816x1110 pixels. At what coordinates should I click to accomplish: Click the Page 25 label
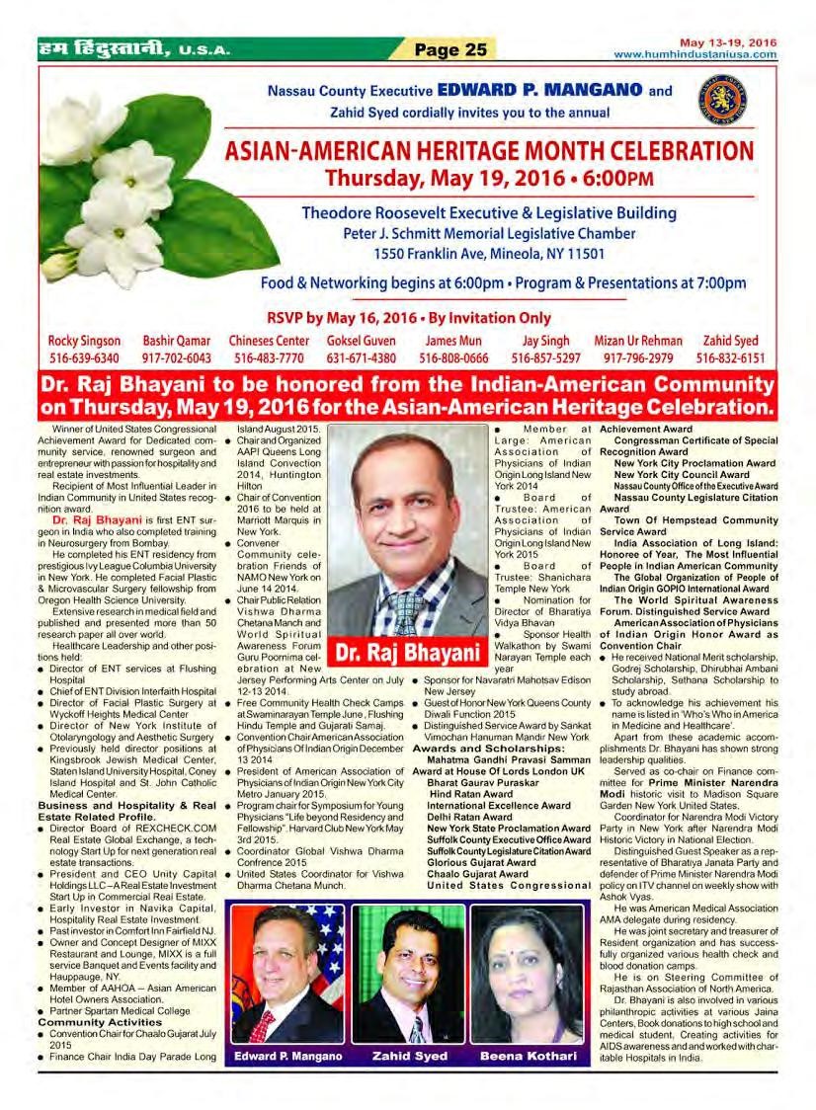click(x=449, y=48)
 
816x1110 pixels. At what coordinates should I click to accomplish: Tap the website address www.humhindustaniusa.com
click(x=694, y=54)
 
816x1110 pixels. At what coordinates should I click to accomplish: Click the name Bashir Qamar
click(x=177, y=341)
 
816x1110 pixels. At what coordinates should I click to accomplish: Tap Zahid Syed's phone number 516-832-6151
click(x=731, y=357)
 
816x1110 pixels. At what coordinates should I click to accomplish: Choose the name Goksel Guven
click(x=361, y=341)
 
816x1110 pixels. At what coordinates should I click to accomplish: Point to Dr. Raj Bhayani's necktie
click(x=406, y=612)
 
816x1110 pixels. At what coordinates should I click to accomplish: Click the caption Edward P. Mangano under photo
click(x=288, y=1057)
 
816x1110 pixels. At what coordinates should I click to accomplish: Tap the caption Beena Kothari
click(x=528, y=1057)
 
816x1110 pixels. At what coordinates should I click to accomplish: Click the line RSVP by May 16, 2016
click(x=408, y=318)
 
